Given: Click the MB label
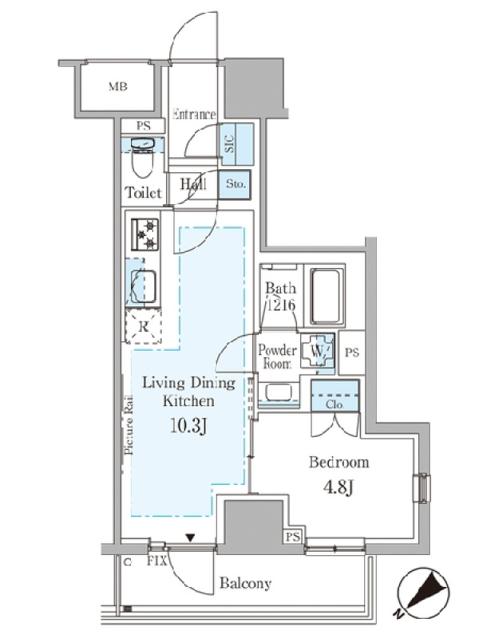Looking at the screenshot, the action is [117, 86].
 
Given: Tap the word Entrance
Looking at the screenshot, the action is [194, 114].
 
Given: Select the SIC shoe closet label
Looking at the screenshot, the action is [230, 144].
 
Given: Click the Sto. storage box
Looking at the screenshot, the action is [235, 184].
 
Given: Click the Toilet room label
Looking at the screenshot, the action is [144, 192].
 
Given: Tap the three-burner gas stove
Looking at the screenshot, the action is [144, 234].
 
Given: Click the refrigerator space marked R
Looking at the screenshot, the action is [144, 326].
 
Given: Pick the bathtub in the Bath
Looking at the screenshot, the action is [325, 296].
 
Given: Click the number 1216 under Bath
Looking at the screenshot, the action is [281, 305].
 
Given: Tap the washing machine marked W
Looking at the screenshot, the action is [318, 350].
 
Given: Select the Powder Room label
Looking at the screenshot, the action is [277, 356].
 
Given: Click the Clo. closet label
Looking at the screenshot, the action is [335, 405].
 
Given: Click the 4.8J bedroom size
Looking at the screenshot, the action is [338, 487].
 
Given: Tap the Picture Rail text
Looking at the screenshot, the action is [129, 424].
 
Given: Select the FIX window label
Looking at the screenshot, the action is [156, 561].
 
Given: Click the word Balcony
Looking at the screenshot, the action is [245, 583].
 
